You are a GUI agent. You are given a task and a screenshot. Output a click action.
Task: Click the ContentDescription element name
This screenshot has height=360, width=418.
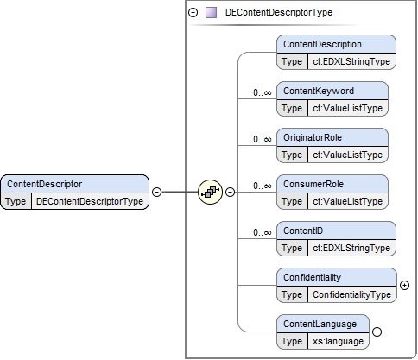tap(322, 44)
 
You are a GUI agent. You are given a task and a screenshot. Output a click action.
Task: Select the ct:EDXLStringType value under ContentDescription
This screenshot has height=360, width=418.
tap(351, 61)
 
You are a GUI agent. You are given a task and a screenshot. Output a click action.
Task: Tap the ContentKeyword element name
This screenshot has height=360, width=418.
tap(319, 91)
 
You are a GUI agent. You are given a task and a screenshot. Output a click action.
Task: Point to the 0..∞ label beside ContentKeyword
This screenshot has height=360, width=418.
tap(263, 92)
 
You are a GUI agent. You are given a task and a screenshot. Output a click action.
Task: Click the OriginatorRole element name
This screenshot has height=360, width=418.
tap(313, 137)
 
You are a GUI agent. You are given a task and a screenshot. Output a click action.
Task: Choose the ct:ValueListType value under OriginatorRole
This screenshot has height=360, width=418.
tap(348, 155)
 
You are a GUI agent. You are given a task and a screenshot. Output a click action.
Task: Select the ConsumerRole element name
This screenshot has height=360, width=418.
tap(313, 184)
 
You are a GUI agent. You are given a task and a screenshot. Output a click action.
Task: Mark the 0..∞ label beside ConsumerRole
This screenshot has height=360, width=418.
tap(263, 186)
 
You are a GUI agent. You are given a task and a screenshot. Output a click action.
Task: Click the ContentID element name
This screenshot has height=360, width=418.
tap(303, 231)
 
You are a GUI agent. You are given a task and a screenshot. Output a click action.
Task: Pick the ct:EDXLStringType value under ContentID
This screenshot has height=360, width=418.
tap(351, 248)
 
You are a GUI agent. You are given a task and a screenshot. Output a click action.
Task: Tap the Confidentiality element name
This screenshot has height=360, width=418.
tap(312, 277)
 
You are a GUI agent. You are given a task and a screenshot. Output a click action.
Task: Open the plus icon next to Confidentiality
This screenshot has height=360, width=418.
tap(405, 285)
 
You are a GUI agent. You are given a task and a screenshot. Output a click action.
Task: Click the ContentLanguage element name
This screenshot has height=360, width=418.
tap(320, 324)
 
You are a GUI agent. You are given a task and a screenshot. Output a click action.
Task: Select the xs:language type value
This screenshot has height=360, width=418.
tap(338, 342)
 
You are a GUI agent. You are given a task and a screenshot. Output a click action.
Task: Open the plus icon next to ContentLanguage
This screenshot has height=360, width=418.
tap(377, 332)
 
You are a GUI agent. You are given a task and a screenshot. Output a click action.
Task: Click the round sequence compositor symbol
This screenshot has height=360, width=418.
tap(211, 192)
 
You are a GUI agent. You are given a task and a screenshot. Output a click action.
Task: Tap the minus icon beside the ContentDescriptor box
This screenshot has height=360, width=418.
tap(156, 192)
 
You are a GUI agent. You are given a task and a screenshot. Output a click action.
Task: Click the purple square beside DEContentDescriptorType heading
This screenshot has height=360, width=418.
tap(211, 13)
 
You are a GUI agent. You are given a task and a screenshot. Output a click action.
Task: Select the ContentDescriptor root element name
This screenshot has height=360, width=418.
tap(45, 184)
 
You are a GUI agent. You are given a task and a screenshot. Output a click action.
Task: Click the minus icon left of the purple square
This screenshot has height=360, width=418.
tap(193, 13)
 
